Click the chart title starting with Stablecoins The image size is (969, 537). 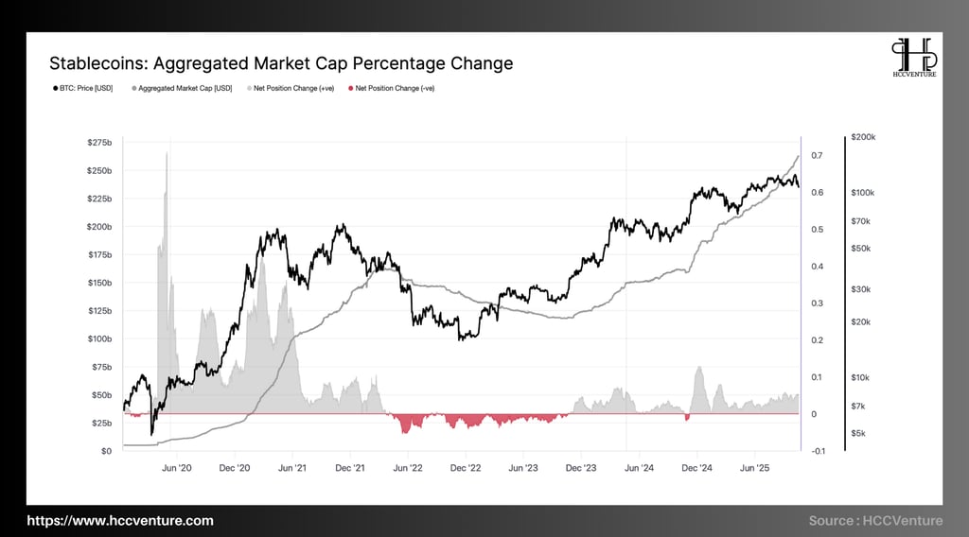click(281, 63)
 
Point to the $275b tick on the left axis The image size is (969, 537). click(99, 142)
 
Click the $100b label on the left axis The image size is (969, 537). click(99, 338)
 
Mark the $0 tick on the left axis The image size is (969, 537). click(106, 451)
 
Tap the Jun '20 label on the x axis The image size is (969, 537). click(177, 467)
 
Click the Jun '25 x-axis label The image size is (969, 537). click(754, 467)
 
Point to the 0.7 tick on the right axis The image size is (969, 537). click(816, 155)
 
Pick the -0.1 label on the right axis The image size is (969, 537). click(817, 451)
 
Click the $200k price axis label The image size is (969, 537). click(864, 137)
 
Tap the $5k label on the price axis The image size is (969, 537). click(860, 433)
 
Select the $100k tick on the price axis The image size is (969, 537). click(864, 192)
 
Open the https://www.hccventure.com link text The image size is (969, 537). click(120, 521)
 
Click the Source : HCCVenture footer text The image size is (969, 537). click(875, 521)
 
